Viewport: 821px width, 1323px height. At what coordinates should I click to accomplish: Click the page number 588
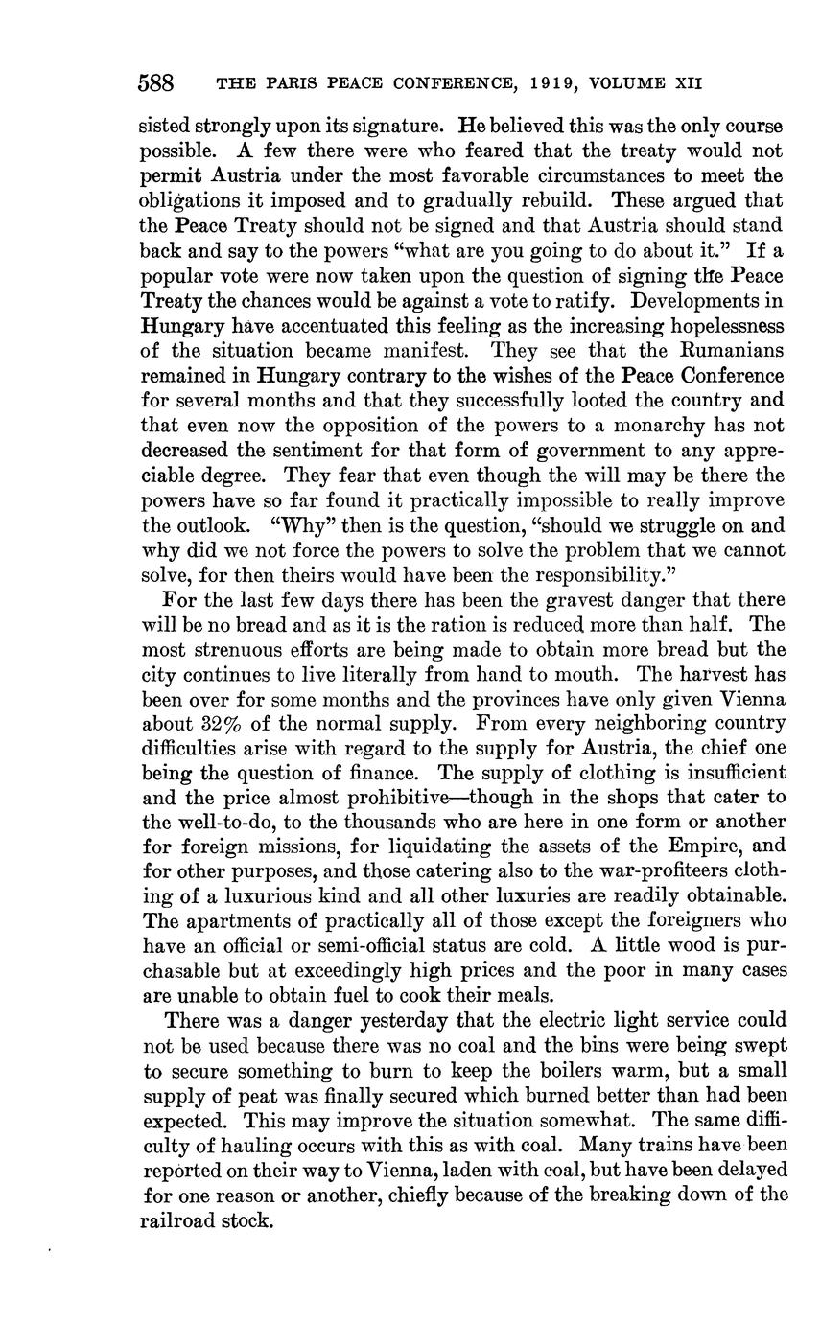pyautogui.click(x=155, y=82)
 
